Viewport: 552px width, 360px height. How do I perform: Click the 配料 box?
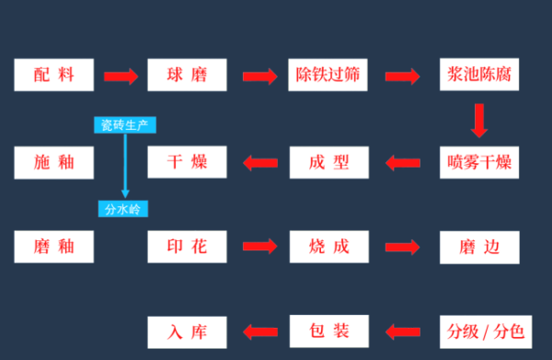[x=54, y=75]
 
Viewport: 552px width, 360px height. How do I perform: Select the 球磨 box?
[x=187, y=75]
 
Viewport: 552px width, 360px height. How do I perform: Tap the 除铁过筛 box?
[x=329, y=75]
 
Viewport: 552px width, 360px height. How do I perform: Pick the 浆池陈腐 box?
[x=478, y=75]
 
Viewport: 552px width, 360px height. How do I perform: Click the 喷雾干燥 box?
[x=478, y=162]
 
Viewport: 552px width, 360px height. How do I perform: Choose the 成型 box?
[x=329, y=162]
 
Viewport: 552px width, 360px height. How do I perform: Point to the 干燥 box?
[x=187, y=162]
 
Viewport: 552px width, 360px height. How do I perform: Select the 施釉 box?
[x=54, y=162]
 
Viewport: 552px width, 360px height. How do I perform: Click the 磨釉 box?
[x=54, y=246]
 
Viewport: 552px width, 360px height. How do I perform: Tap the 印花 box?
[x=187, y=246]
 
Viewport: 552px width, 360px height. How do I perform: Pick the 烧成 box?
[x=329, y=246]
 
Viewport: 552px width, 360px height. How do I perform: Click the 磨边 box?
[x=478, y=246]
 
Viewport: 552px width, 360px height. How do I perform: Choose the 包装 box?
[x=329, y=329]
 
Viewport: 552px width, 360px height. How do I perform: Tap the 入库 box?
[x=187, y=329]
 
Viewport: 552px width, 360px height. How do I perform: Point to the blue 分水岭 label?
[x=122, y=209]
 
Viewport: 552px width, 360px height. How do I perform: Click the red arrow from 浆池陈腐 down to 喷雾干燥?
[x=478, y=120]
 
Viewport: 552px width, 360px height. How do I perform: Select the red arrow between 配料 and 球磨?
[x=120, y=75]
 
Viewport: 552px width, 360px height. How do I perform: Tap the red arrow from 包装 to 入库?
[x=259, y=330]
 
